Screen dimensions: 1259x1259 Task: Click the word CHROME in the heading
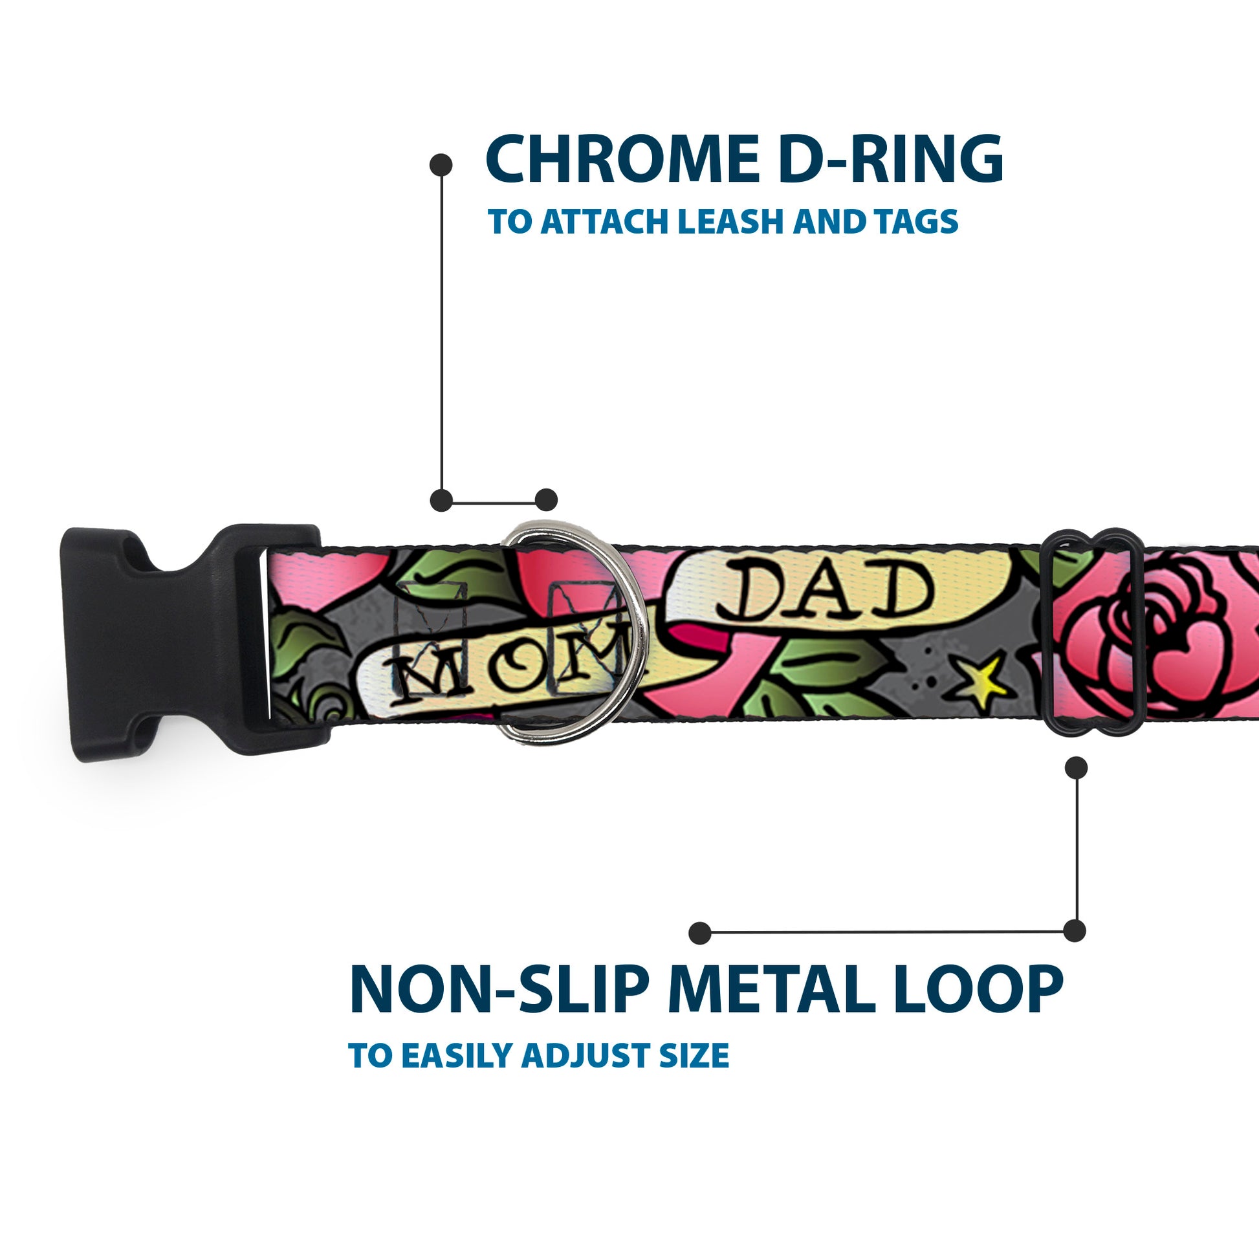(622, 160)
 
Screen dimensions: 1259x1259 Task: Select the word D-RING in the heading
(890, 160)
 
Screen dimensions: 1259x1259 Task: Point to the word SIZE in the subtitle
(694, 1056)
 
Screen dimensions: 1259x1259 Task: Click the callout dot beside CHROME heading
(441, 165)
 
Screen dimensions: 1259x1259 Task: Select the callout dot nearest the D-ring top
(546, 500)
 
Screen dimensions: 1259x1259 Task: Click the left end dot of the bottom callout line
(699, 932)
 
